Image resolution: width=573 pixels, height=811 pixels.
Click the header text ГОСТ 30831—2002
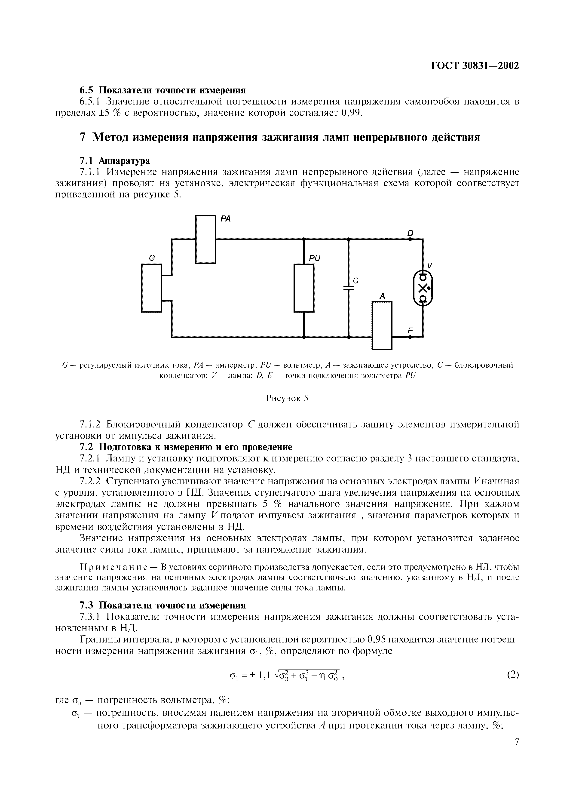click(x=475, y=66)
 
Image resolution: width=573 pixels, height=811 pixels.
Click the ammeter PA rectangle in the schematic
click(x=205, y=239)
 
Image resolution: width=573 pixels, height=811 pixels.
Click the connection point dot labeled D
click(x=410, y=239)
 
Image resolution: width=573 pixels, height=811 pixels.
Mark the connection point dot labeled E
click(x=410, y=337)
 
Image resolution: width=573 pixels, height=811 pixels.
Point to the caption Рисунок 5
click(x=287, y=398)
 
